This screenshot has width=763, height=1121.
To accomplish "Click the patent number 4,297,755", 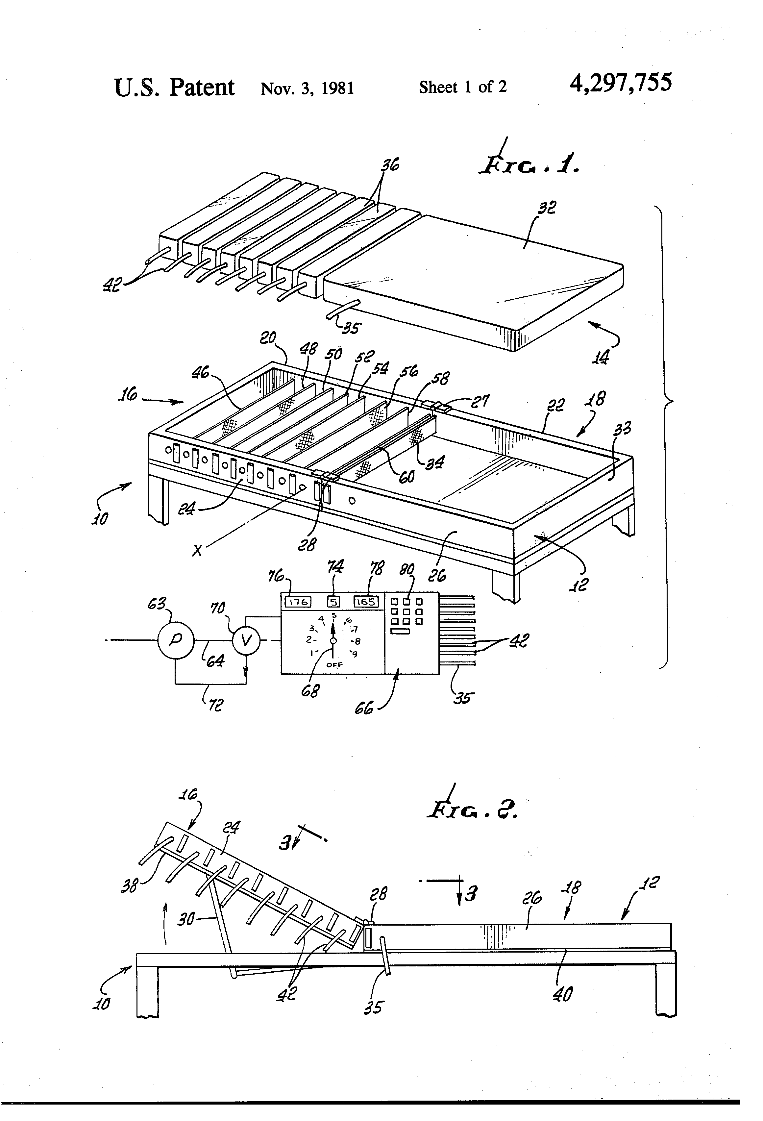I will point(620,83).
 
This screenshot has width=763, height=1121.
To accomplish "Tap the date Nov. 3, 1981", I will point(307,88).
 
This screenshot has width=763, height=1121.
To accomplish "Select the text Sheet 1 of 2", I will point(462,87).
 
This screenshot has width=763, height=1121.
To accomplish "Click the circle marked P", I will point(176,640).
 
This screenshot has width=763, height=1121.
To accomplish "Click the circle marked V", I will point(246,640).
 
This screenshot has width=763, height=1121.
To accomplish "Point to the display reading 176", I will point(298,602).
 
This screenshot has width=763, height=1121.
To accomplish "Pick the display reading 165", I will point(366,602).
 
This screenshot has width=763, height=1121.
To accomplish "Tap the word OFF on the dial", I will point(334,665).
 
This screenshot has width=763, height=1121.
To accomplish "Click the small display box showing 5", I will point(334,602).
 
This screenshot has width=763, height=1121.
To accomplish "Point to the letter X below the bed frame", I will point(197,550).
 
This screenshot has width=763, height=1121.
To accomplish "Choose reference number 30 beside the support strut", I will point(186,919).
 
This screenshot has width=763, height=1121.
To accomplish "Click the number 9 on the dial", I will point(355,654).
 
